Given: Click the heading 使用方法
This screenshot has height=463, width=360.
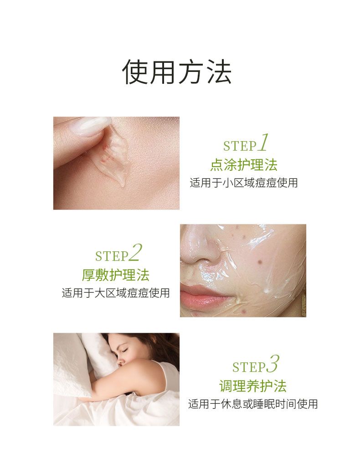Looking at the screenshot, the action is click(x=177, y=72).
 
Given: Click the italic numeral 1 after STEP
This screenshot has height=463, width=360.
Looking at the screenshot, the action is click(x=264, y=142).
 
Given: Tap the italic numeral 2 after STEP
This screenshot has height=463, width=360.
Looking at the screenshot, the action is click(x=136, y=253).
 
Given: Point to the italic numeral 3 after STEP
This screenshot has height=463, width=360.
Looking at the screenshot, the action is click(x=273, y=364).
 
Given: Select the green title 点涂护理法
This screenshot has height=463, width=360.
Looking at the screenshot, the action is click(x=244, y=165).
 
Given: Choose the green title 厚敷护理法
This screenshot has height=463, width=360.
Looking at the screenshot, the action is click(x=116, y=275).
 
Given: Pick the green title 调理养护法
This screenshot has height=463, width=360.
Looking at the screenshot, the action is click(x=253, y=386).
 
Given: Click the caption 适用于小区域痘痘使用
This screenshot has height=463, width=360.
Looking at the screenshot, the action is click(x=244, y=183).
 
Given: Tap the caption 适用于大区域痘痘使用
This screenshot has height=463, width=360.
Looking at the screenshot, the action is click(x=116, y=293).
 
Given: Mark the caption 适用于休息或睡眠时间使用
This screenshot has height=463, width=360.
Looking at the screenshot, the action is click(x=253, y=404).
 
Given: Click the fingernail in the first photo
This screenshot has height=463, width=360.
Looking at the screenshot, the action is click(x=90, y=126).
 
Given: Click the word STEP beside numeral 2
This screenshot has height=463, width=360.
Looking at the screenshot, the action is click(x=112, y=256).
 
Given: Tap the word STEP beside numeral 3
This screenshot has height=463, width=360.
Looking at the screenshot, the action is click(x=249, y=367).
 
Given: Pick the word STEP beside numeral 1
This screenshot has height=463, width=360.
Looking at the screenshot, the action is click(x=240, y=146).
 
